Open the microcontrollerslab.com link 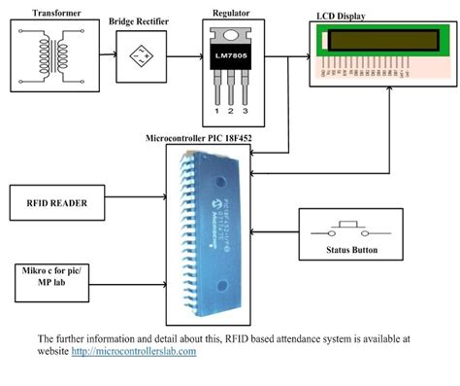click(x=134, y=351)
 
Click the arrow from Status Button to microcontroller click(x=276, y=233)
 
